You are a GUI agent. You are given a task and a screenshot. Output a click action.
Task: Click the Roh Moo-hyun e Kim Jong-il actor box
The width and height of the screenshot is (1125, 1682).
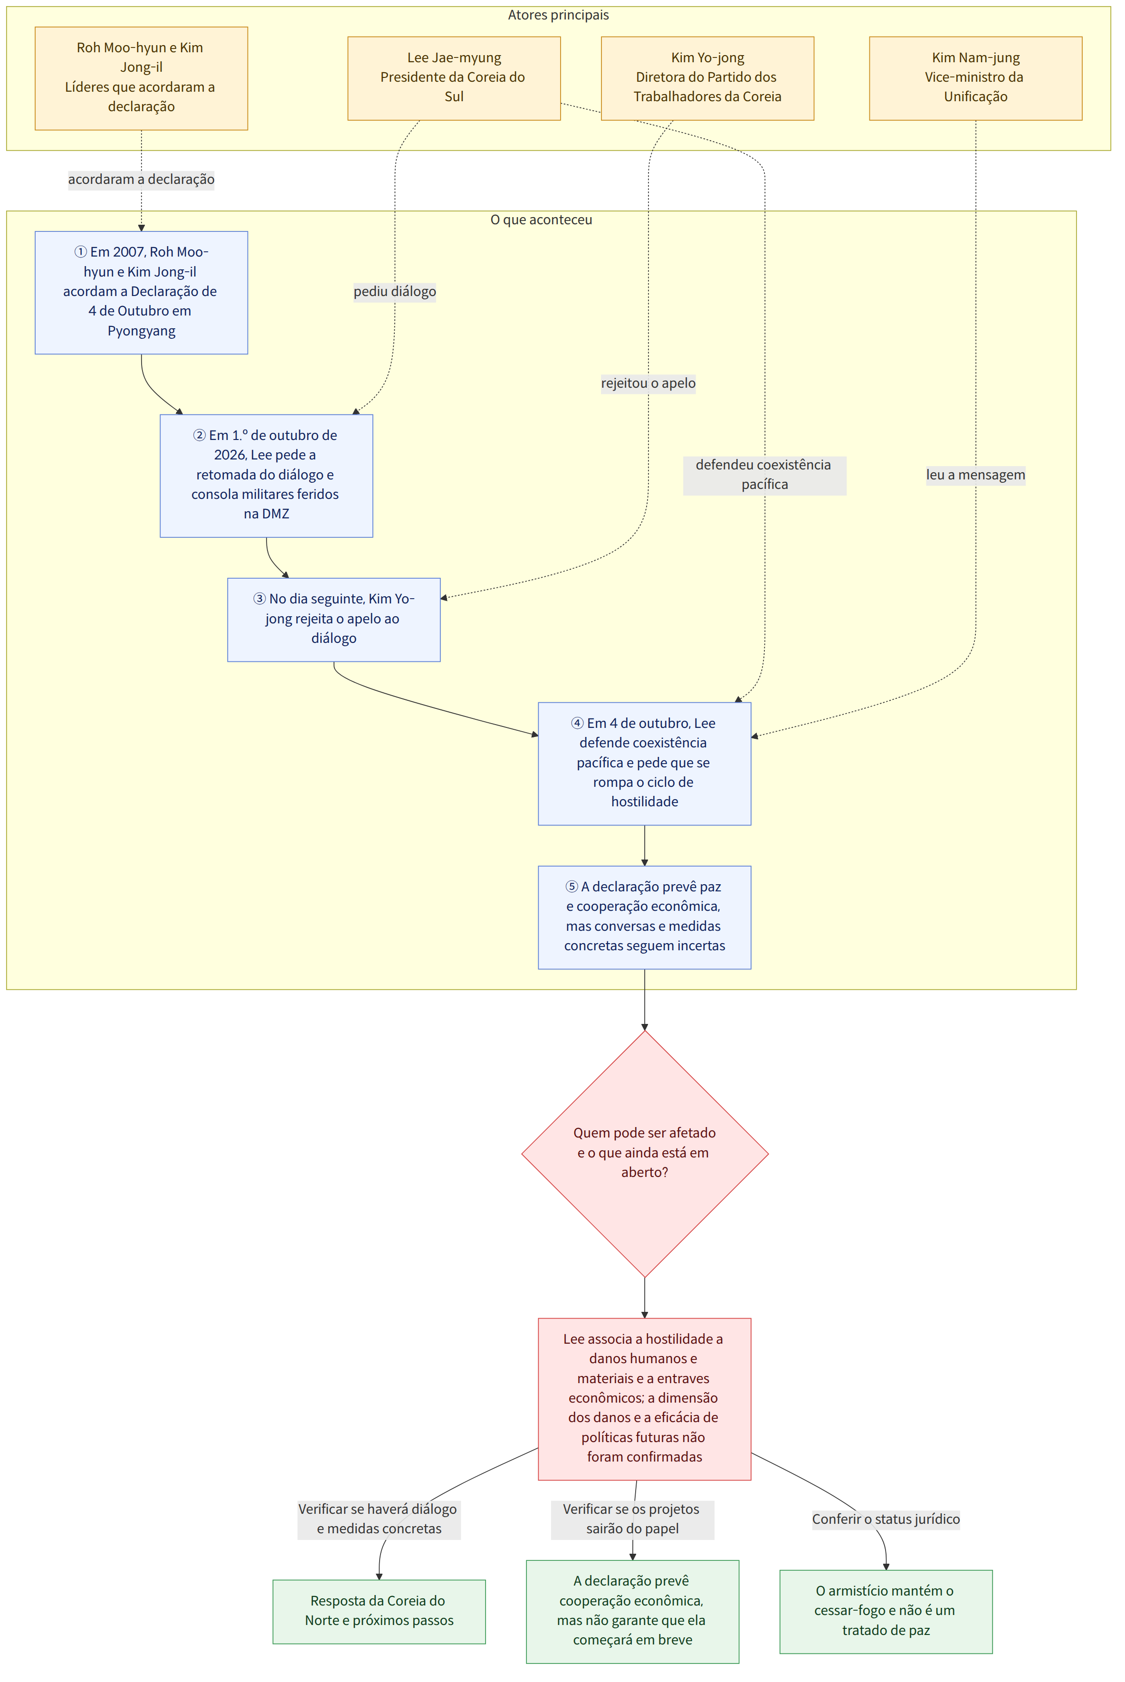coord(142,78)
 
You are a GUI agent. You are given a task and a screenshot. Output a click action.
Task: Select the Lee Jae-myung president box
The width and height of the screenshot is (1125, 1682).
coord(454,78)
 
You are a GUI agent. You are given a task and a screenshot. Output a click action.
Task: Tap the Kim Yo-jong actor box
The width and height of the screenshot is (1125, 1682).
coord(707,78)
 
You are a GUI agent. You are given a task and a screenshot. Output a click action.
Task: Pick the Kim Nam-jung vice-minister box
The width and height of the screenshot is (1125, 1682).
coord(976,78)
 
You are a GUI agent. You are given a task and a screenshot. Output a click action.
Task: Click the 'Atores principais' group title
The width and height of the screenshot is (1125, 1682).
coord(558,15)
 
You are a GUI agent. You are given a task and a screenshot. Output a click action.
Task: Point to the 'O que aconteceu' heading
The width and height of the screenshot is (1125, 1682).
coord(541,220)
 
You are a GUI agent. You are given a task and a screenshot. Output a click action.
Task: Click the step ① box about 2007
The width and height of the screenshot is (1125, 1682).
coord(142,292)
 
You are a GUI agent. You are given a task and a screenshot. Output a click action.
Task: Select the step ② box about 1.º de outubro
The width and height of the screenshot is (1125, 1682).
coord(266,476)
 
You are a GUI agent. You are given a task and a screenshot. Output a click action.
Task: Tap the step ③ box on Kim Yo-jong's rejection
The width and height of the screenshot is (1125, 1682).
coord(334,619)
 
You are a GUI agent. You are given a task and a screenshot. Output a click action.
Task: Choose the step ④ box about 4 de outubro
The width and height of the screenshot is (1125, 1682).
coord(644,764)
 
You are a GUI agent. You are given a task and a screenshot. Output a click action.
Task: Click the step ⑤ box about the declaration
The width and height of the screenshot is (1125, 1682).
coord(644,917)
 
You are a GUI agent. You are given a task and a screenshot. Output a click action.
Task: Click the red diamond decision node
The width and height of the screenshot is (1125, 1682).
coord(644,1154)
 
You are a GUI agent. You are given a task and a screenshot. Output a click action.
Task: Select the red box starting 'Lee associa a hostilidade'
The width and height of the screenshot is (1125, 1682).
coord(644,1398)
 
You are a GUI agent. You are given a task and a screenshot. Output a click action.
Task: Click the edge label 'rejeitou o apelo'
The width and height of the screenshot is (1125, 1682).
coord(648,383)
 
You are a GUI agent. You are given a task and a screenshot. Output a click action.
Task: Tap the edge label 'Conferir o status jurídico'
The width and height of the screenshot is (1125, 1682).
coord(886,1519)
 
